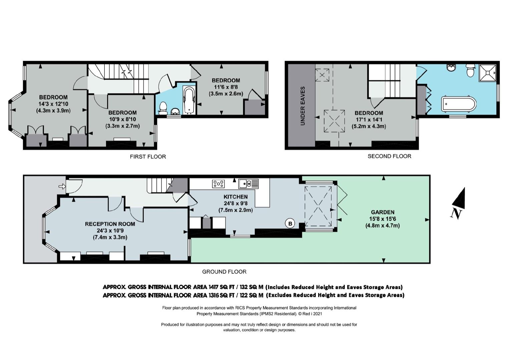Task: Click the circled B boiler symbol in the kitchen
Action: click(290, 223)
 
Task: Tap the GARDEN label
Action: click(383, 212)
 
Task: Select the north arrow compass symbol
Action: click(459, 203)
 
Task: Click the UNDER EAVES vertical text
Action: click(303, 106)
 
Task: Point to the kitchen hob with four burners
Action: click(218, 184)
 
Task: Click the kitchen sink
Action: click(248, 184)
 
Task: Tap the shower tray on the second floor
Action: click(487, 73)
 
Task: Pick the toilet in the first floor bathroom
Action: click(163, 108)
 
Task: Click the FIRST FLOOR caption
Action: click(148, 157)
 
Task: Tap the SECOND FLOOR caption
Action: click(389, 156)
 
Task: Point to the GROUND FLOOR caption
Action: click(224, 272)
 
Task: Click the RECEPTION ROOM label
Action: click(110, 224)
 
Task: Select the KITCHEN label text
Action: click(235, 197)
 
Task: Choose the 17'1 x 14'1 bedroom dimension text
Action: click(369, 120)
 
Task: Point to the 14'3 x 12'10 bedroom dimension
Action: click(53, 104)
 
